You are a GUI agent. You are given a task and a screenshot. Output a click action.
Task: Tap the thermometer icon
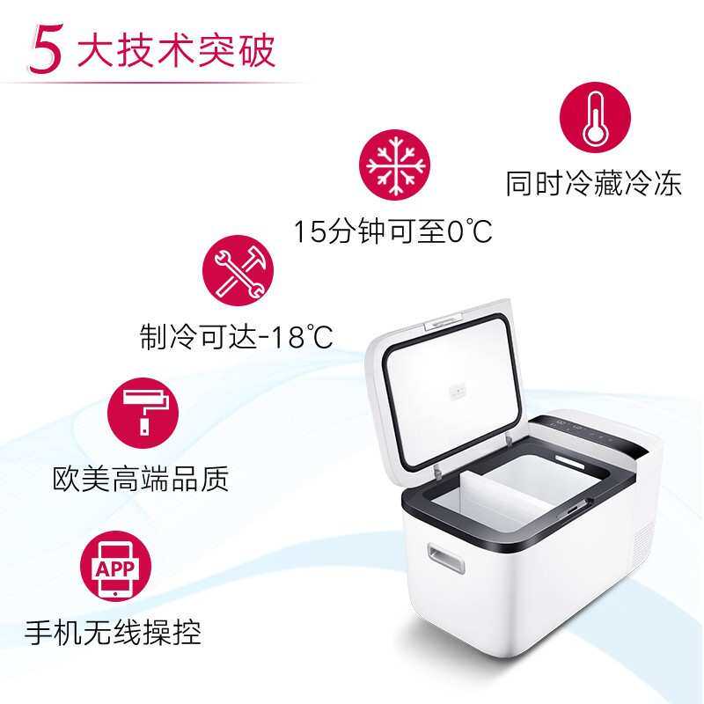(x=596, y=118)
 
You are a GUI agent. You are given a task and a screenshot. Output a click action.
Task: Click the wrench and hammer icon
(x=238, y=268)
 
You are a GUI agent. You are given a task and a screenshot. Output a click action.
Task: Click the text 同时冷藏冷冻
(x=593, y=185)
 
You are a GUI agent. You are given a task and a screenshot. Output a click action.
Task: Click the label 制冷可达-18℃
(x=237, y=335)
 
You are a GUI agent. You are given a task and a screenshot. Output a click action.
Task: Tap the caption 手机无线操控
(x=114, y=632)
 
